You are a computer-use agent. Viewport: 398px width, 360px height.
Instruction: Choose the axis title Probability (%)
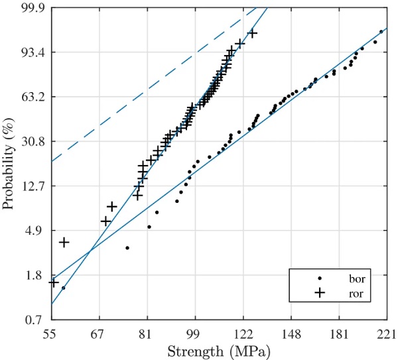coord(9,163)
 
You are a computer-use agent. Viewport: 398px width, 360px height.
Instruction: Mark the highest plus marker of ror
coord(252,33)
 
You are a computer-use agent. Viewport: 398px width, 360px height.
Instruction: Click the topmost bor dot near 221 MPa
coord(381,31)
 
